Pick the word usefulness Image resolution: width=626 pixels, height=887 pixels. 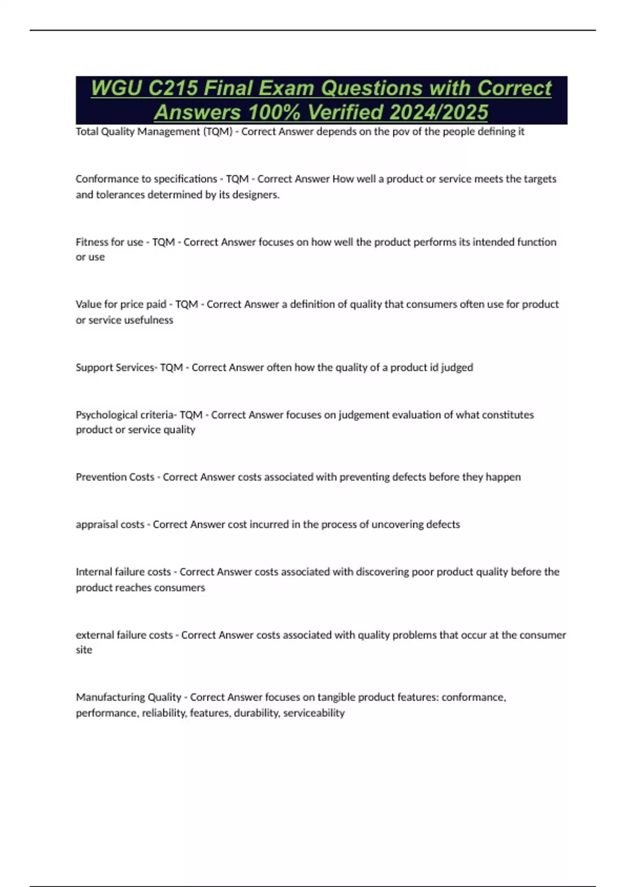tap(148, 320)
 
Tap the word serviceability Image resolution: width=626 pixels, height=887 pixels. tap(314, 713)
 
